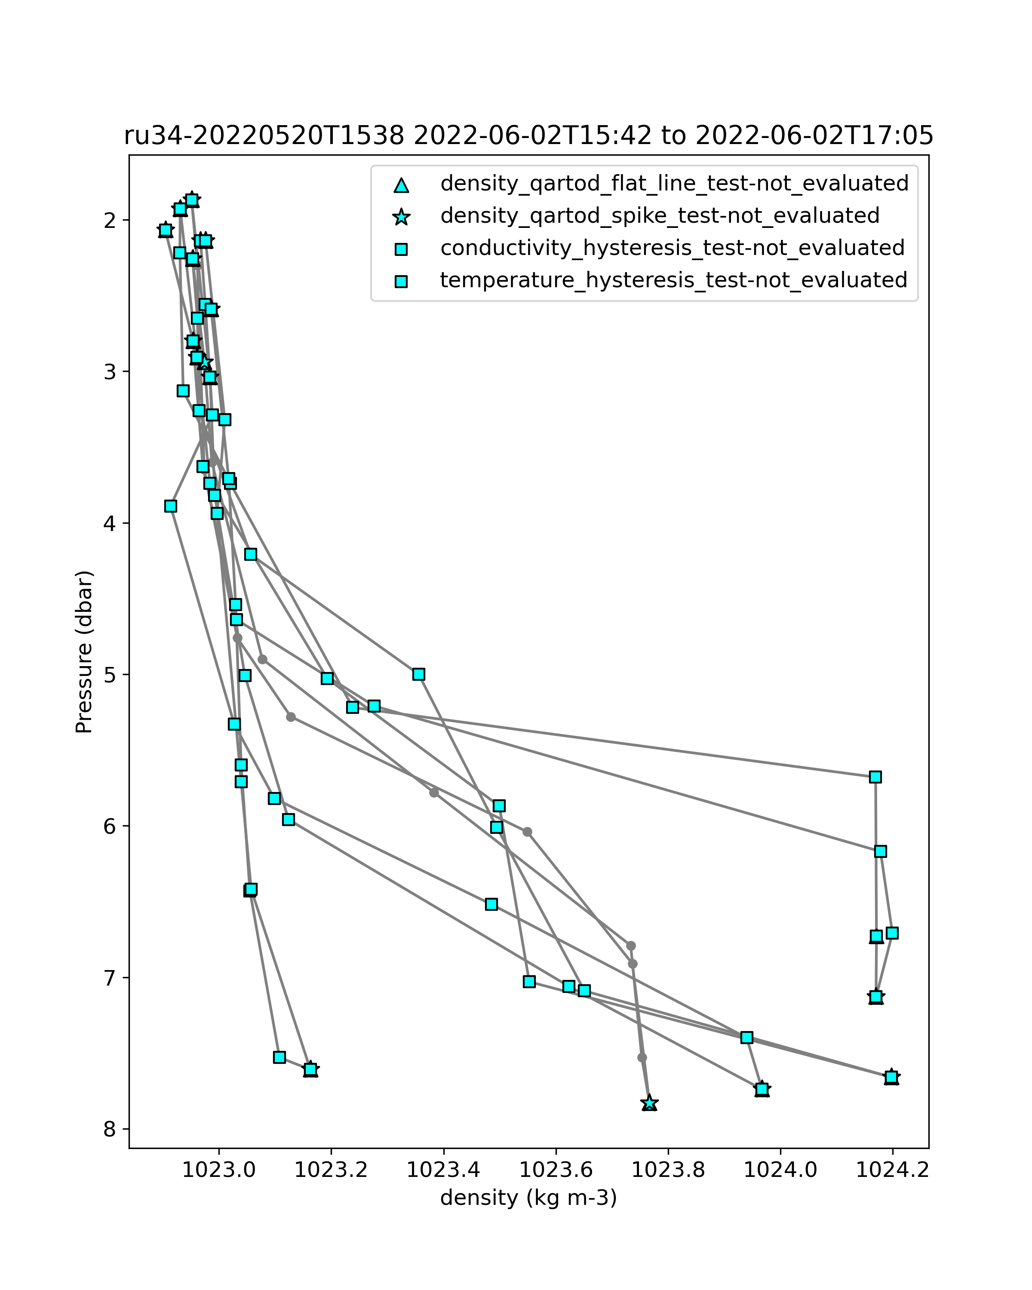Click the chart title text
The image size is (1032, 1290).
coord(528,136)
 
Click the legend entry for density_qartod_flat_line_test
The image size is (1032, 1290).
coord(674,184)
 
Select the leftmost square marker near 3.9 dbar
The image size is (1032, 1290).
coord(171,506)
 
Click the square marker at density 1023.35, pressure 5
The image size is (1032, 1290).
coord(419,674)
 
